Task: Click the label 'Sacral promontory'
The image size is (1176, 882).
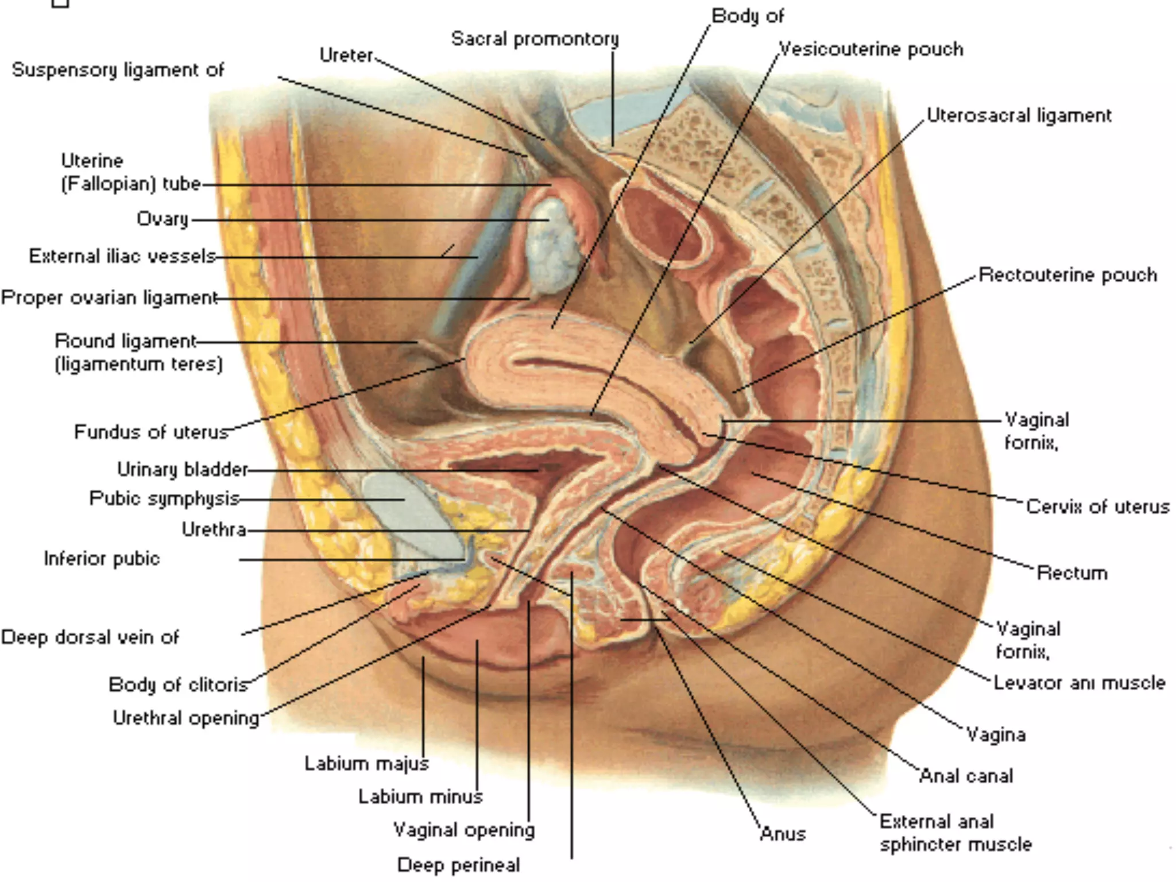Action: pos(535,39)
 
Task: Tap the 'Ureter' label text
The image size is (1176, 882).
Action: pos(346,55)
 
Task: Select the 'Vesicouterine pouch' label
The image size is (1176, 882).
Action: pos(871,49)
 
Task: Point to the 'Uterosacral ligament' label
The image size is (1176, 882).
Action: pos(1019,115)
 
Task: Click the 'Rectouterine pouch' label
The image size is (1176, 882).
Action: pos(1067,274)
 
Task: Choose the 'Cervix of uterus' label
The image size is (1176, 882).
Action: pos(1097,506)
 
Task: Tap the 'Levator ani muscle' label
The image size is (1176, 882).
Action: pos(1080,683)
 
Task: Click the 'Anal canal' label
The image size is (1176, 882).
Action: pos(966,776)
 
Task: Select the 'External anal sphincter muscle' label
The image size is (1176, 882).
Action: pos(955,833)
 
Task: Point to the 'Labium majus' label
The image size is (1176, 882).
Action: pos(366,763)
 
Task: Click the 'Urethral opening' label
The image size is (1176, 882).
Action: pos(186,718)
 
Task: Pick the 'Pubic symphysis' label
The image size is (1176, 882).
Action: pos(164,498)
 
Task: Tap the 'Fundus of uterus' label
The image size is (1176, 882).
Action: pos(152,432)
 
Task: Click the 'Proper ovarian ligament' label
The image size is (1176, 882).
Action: pos(109,297)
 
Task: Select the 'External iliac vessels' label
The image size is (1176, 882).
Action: pos(122,256)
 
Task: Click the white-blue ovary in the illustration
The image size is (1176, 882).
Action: pos(551,244)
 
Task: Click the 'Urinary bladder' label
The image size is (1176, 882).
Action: pos(182,470)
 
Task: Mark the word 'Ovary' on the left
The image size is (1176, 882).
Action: pos(163,219)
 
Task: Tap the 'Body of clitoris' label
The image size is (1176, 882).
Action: pos(178,684)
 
